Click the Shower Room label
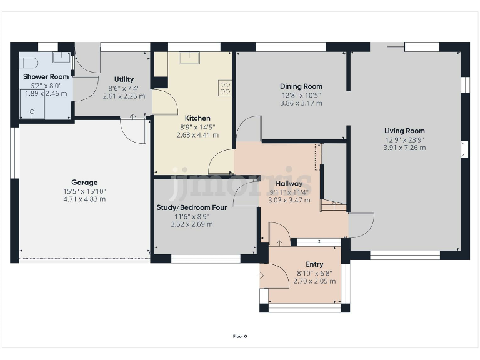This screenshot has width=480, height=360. [37, 76]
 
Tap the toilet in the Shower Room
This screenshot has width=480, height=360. [28, 62]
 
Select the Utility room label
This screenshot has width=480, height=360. [124, 79]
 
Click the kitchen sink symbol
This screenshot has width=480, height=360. [188, 57]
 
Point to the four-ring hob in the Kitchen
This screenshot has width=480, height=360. [225, 87]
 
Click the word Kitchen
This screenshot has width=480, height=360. [197, 117]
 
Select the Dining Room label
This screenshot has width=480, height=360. [302, 86]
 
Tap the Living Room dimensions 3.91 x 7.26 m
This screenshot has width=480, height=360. [405, 148]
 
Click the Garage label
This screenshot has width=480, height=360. [84, 182]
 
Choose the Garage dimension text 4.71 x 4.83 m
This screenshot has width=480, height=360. [84, 199]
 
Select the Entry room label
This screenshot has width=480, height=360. [314, 265]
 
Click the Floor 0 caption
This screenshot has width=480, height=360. [240, 336]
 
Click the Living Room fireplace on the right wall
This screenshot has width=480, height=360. [462, 149]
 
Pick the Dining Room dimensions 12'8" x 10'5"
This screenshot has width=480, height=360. [302, 96]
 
